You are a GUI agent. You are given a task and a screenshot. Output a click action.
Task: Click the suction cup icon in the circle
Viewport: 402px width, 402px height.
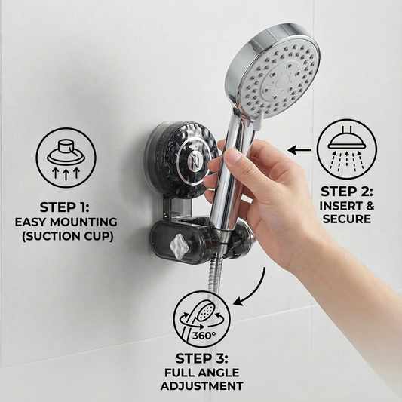pyautogui.click(x=66, y=158)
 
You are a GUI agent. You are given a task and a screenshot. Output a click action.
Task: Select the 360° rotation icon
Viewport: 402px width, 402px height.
pyautogui.click(x=202, y=319)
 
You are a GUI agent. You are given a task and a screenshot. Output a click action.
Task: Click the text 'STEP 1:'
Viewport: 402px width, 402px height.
pyautogui.click(x=64, y=207)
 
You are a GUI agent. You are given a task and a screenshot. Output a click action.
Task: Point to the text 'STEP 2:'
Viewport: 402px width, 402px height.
pyautogui.click(x=347, y=192)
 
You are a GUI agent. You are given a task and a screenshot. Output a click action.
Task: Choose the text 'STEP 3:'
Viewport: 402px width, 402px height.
pyautogui.click(x=202, y=358)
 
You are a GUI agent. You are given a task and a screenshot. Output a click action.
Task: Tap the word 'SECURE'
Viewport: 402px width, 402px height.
pyautogui.click(x=347, y=219)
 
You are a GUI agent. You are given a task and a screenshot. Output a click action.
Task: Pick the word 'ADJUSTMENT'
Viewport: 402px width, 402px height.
pyautogui.click(x=202, y=386)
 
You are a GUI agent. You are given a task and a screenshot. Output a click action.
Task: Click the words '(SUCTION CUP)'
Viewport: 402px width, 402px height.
pyautogui.click(x=68, y=237)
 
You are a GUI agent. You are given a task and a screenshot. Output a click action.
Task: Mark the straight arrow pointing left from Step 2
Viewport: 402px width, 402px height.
pyautogui.click(x=299, y=150)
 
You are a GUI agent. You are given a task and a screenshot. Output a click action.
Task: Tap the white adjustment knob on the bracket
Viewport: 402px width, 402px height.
pyautogui.click(x=179, y=247)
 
